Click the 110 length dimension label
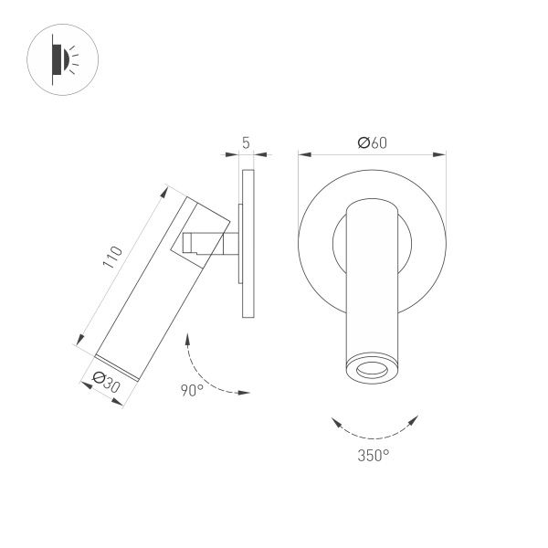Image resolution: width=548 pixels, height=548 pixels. [111, 257]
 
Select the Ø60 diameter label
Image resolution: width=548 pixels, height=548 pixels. [373, 142]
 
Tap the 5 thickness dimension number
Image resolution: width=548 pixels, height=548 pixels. [247, 142]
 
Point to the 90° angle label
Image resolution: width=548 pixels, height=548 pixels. [191, 391]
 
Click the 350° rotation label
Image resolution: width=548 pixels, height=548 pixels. [373, 454]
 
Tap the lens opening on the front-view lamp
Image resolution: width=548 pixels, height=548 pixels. [372, 370]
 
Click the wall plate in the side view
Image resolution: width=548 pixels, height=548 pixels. [248, 242]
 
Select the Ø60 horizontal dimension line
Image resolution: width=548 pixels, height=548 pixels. [373, 155]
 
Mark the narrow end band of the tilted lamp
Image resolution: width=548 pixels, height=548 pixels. [117, 366]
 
